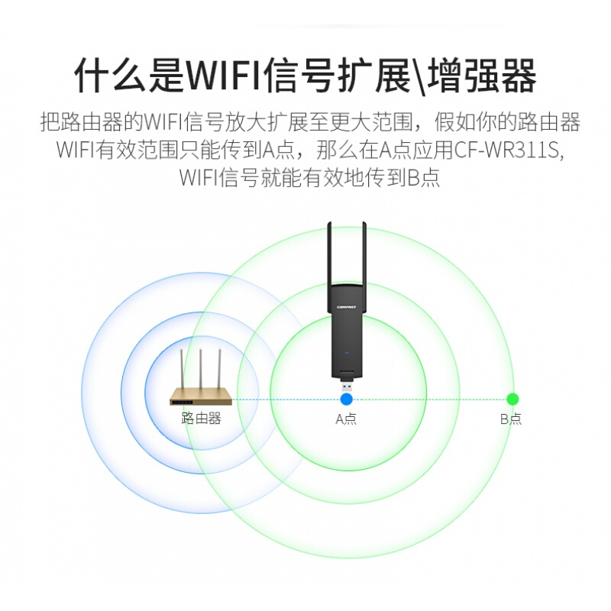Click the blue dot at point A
click(347, 399)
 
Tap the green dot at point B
click(512, 399)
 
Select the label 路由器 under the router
click(201, 419)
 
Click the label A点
click(346, 419)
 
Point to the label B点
click(511, 419)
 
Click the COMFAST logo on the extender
click(347, 308)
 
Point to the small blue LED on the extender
click(347, 353)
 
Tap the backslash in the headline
click(419, 76)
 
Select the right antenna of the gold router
click(219, 370)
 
